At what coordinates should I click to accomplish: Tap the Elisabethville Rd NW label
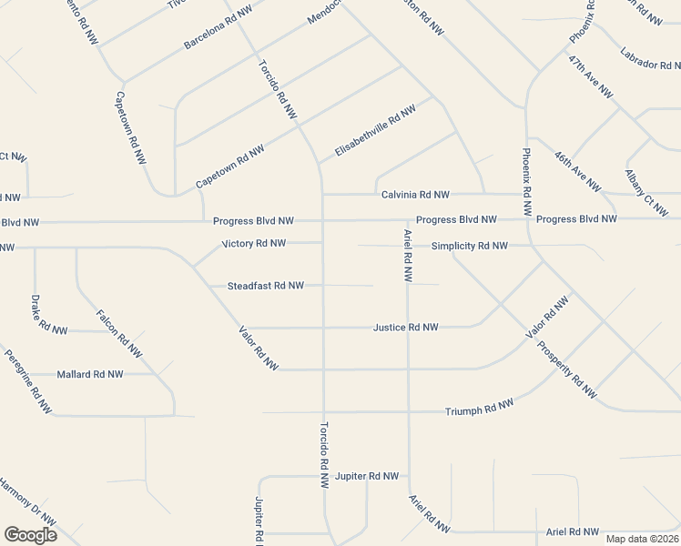pos(375,130)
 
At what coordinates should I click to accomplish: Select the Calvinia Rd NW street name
pos(415,195)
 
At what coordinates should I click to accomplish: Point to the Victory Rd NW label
pos(254,244)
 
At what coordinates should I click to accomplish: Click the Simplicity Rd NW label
pos(469,246)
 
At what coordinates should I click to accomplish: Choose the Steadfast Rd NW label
pos(265,286)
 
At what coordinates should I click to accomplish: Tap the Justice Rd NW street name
pos(406,327)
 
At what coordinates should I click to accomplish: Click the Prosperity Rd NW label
pos(567,369)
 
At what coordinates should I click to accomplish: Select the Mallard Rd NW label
pos(91,374)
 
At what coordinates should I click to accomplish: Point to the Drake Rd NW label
pos(49,315)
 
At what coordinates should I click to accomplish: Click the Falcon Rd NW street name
pos(119,334)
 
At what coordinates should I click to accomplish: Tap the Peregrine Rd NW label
pos(27,382)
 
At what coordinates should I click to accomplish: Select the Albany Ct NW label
pos(646,193)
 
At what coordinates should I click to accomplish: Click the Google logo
pos(30,535)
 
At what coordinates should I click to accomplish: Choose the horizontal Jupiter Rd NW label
pos(367,476)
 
